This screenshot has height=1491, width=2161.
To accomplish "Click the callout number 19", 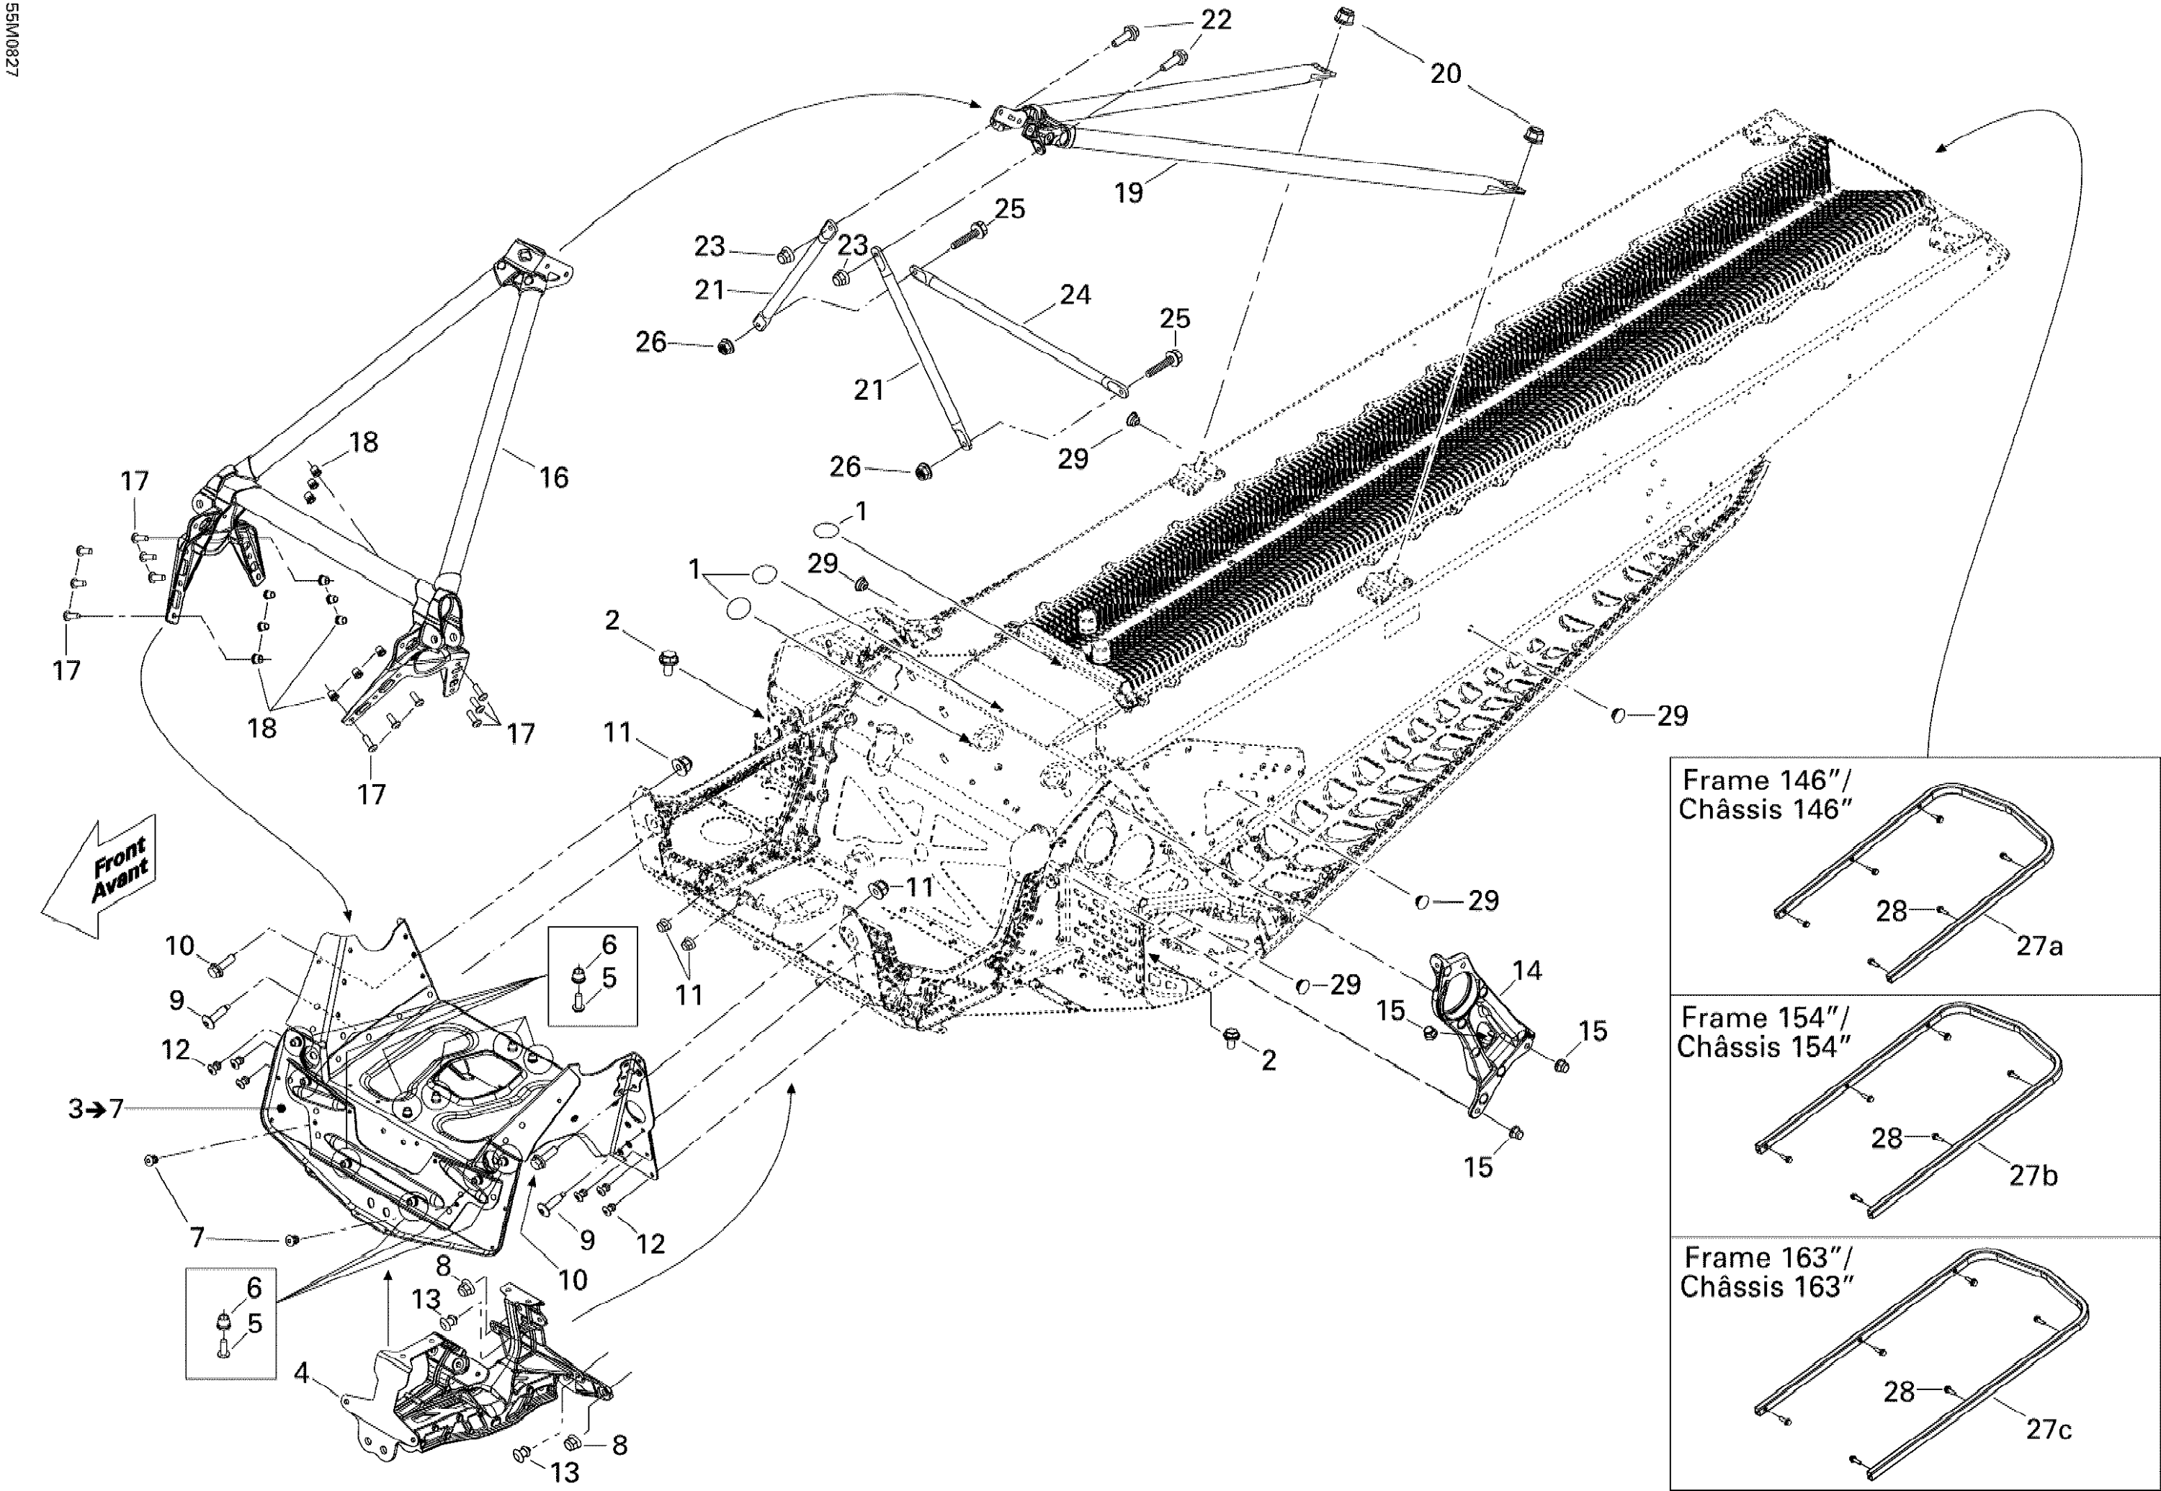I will point(1128,192).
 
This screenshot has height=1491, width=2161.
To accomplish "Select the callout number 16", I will point(553,477).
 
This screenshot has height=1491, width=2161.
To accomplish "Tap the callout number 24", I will point(1075,294).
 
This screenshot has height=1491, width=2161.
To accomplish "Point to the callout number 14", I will point(1527,971).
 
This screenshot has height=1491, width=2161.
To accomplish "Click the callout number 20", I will point(1445,73).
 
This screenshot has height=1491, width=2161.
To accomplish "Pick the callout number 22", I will point(1216,19).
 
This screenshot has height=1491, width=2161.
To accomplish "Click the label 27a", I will point(2039,945).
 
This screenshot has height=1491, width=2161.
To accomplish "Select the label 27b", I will point(2033,1175).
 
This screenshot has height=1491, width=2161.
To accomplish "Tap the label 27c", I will point(2048,1429).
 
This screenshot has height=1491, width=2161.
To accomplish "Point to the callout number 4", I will point(300,1372).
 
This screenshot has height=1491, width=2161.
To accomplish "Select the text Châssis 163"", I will point(1766,1286).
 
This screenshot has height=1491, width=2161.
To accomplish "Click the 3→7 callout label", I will point(95,1109).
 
